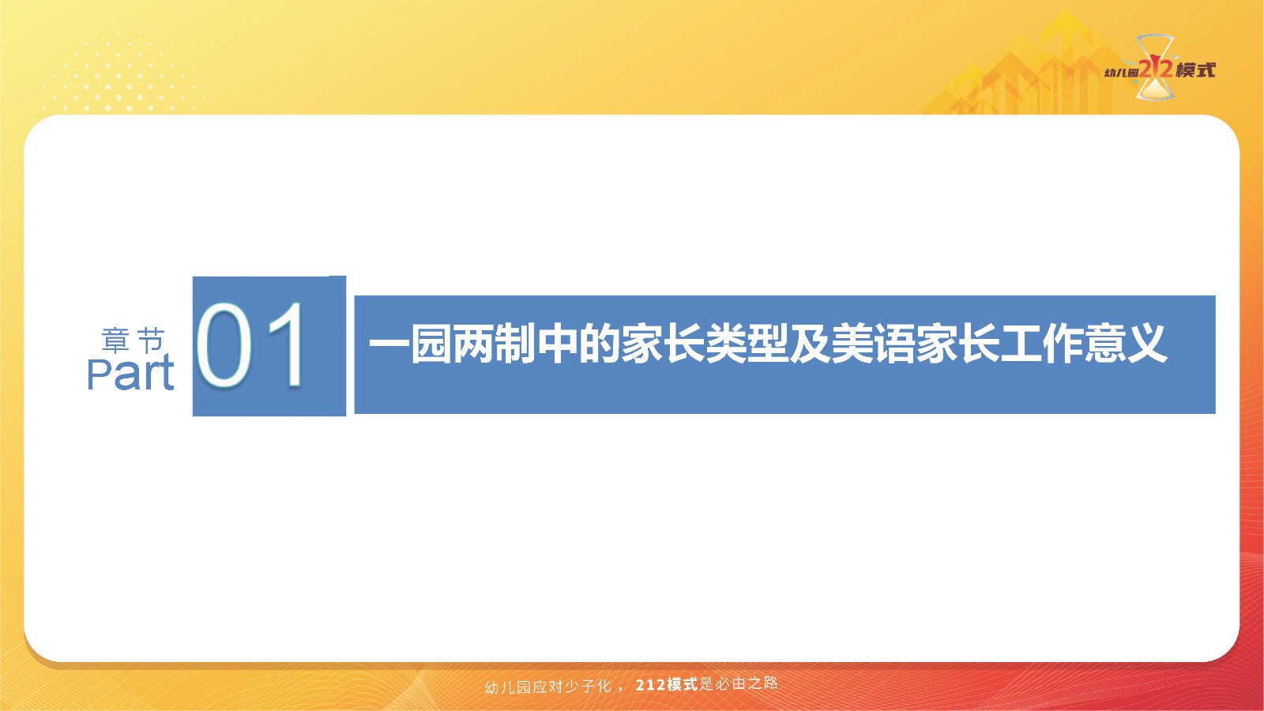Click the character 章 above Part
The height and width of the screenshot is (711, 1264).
[116, 340]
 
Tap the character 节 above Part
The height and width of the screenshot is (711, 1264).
[151, 340]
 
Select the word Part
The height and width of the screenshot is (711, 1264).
[130, 372]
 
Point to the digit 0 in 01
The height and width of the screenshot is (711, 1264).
[224, 344]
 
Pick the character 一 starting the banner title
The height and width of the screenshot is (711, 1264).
[389, 343]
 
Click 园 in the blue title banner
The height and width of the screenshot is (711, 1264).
[431, 343]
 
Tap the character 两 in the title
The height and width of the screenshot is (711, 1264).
[473, 343]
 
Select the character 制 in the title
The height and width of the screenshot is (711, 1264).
[514, 343]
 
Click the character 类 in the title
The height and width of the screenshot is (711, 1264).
[725, 343]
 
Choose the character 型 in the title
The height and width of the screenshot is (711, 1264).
[767, 343]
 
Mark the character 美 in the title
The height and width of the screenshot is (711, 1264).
[852, 343]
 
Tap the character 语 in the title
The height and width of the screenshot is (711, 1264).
[893, 343]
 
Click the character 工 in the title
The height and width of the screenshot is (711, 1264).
[1020, 343]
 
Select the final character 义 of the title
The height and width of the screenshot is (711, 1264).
[1146, 343]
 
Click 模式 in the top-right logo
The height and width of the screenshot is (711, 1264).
[1195, 70]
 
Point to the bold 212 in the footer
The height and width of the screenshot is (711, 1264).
[650, 685]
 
